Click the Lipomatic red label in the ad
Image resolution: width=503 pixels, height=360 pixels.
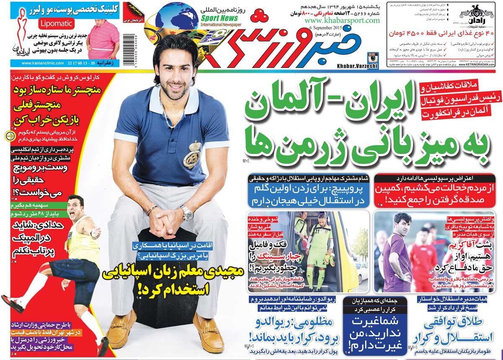(57, 23)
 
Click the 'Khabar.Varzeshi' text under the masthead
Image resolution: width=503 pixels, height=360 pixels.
(357, 66)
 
